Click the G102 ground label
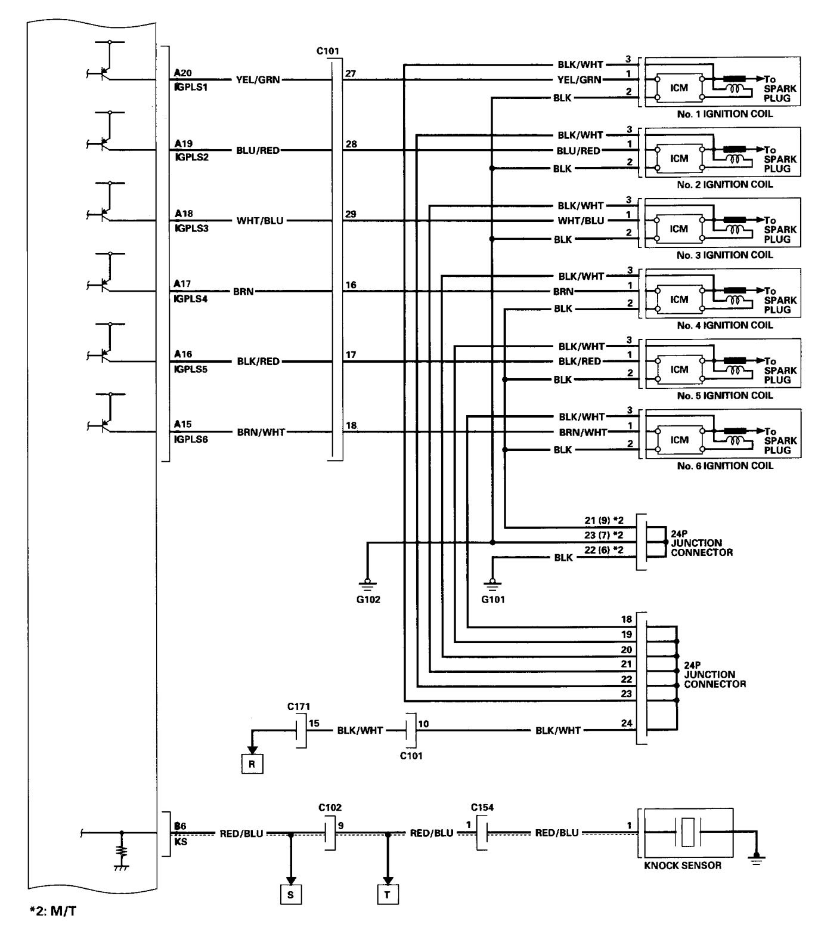pos(368,600)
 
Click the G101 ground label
pos(492,600)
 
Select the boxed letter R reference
pos(252,765)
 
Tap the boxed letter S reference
pos(291,895)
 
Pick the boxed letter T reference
pos(388,895)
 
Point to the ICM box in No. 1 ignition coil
pos(678,88)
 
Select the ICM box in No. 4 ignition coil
pos(678,299)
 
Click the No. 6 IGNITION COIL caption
pos(724,466)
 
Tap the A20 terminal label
pos(183,73)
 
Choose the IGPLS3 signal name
pos(191,228)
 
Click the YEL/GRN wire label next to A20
pos(258,79)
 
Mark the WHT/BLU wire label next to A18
pos(260,221)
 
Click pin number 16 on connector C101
pos(351,285)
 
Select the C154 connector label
pos(482,808)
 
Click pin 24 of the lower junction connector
pos(626,724)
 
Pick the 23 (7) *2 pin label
pos(603,535)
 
